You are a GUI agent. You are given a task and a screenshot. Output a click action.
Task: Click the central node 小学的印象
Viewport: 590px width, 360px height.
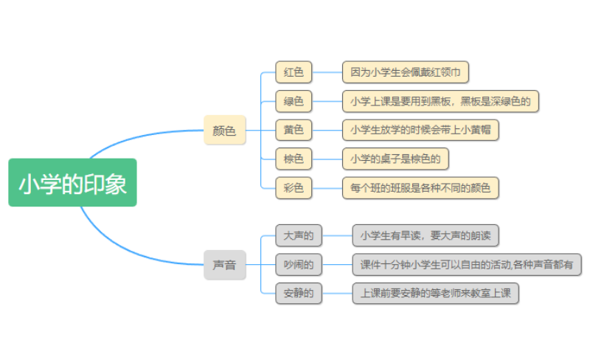(x=72, y=182)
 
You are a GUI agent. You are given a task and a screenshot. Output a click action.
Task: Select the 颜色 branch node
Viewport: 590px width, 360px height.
(x=224, y=131)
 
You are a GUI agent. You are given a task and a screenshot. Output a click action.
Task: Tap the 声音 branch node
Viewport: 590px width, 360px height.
(x=224, y=264)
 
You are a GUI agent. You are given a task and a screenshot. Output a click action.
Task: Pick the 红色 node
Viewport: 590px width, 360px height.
(x=294, y=72)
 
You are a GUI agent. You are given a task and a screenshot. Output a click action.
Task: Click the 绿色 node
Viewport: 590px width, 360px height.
(x=294, y=101)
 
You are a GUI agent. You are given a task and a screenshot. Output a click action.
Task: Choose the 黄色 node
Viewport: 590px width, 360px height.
(x=294, y=130)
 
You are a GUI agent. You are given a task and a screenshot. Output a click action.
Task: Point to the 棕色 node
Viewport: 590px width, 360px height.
(x=294, y=159)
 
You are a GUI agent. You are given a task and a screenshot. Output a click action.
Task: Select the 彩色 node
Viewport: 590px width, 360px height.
(x=294, y=187)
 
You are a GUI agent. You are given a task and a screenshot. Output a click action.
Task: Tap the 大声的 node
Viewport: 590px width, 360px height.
(x=298, y=235)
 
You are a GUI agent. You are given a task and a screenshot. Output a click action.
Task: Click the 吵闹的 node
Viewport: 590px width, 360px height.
(x=298, y=264)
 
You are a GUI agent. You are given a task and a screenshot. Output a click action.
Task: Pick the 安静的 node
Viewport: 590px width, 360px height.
(x=298, y=293)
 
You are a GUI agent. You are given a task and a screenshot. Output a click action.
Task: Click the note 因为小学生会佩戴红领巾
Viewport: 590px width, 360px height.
(x=406, y=72)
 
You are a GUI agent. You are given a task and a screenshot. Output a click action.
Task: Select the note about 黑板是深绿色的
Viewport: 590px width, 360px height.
(x=441, y=101)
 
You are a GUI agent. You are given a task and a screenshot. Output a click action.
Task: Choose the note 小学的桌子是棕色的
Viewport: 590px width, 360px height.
(x=395, y=159)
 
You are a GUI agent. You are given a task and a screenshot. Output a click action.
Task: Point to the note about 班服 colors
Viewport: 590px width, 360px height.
(x=420, y=187)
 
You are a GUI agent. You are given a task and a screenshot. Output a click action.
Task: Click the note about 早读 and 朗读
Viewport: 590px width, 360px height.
(x=426, y=235)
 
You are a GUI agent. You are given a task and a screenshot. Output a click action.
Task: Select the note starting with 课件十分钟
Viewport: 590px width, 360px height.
(x=467, y=264)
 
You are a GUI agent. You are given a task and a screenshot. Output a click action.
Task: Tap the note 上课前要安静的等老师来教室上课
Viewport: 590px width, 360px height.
(x=435, y=293)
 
